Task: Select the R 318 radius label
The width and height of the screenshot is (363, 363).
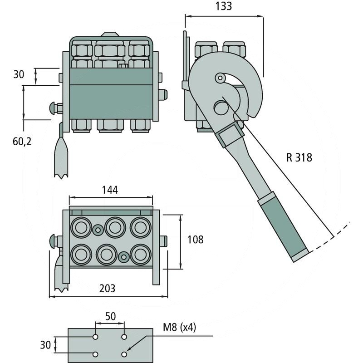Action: coord(299,158)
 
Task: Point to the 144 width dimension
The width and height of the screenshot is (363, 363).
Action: coord(110,190)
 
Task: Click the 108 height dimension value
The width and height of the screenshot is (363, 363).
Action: coord(195,239)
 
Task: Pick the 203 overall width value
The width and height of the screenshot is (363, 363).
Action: coord(107,288)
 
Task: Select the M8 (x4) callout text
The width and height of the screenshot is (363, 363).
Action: coord(179,328)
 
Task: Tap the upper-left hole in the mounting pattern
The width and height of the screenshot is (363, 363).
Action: coord(95,337)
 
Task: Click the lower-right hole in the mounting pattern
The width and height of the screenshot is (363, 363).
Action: coord(124,354)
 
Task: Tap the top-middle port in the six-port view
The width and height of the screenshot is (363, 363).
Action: coord(115,226)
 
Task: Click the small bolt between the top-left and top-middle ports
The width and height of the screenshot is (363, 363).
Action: coord(97,230)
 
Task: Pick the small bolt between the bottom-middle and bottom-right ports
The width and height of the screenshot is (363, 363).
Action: coord(123,256)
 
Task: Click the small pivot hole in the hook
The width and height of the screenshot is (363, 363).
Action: coord(220,78)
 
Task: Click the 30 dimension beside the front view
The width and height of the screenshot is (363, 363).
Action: coord(19,74)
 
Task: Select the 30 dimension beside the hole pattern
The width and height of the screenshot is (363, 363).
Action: coord(45,345)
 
